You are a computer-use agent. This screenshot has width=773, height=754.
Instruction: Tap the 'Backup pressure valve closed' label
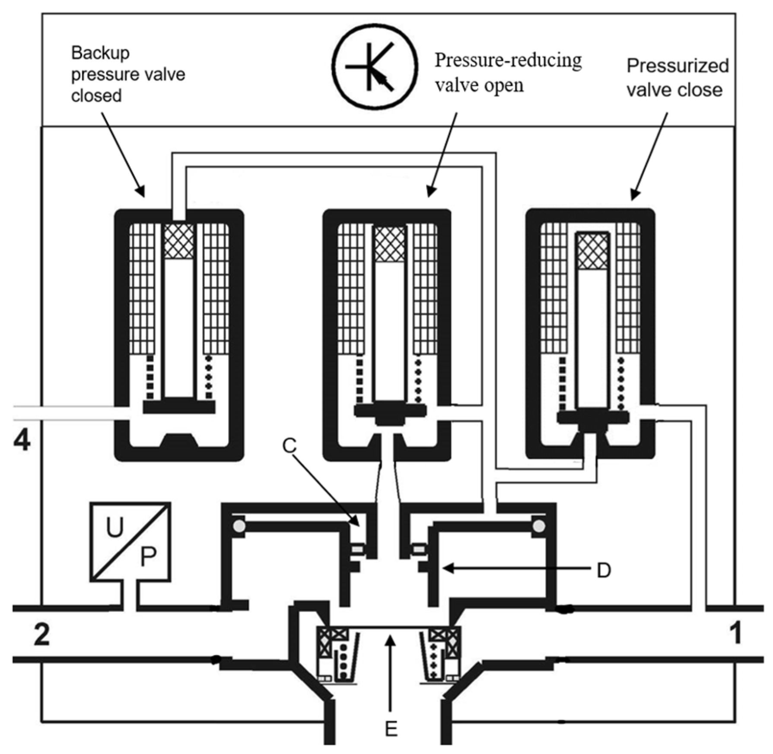coord(128,74)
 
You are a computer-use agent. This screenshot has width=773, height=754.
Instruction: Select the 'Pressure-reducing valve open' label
coord(508,73)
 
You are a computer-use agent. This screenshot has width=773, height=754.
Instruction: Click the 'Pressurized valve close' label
coord(677,78)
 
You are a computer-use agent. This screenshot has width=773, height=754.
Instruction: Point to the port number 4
coord(22,441)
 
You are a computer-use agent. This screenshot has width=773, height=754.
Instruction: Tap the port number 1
coord(734,633)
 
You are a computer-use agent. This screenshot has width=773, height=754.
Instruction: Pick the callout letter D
coord(604,571)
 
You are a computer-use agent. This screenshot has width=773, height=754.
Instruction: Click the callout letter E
coord(391,729)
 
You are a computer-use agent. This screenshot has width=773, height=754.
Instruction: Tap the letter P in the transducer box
coord(148,557)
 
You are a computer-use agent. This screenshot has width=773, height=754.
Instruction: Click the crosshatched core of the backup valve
coord(179,241)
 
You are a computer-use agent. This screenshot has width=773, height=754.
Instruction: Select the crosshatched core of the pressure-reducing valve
coord(390,244)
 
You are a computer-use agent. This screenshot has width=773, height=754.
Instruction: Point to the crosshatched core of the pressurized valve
coord(593,251)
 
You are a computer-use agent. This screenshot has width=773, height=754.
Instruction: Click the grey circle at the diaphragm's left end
coord(239,526)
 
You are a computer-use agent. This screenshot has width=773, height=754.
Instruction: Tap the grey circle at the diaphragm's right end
coord(538,526)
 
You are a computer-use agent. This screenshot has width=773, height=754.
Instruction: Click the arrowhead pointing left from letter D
coord(447,569)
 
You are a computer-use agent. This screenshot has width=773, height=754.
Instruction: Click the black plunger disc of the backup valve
coord(179,406)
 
